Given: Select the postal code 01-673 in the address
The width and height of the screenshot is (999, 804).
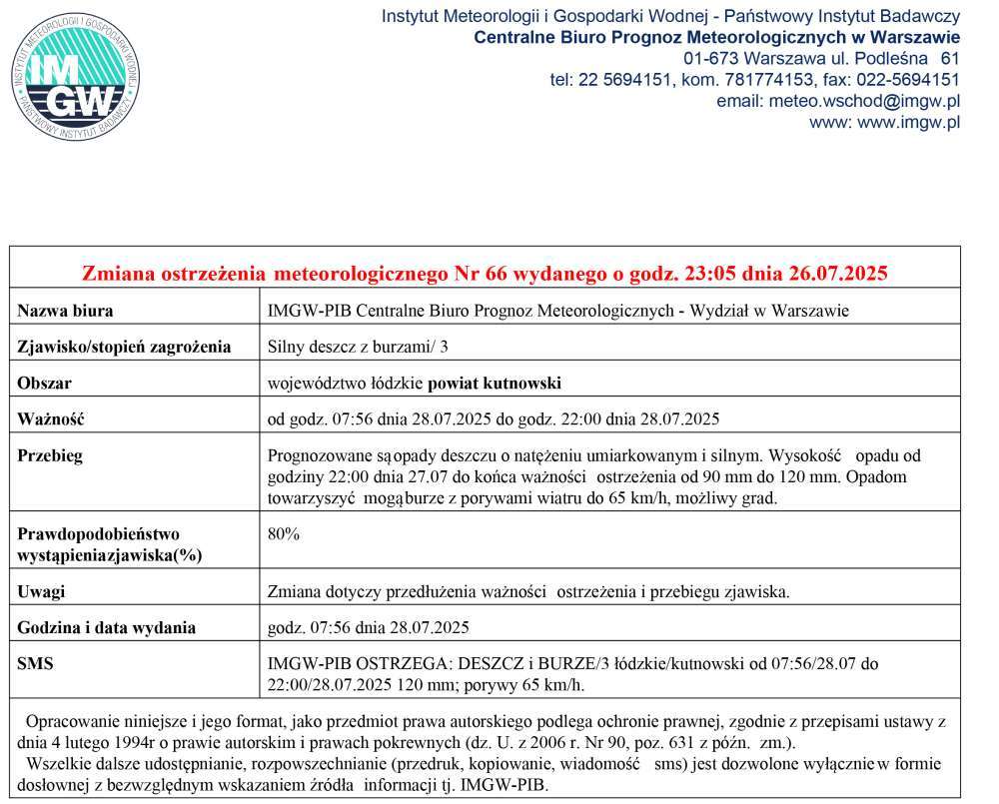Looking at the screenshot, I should pyautogui.click(x=712, y=59).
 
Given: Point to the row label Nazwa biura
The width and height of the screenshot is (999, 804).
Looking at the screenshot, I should pyautogui.click(x=66, y=311).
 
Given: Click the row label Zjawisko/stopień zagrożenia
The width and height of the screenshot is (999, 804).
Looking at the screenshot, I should pyautogui.click(x=124, y=347).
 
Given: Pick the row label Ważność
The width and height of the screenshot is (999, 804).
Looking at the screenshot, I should pyautogui.click(x=51, y=418).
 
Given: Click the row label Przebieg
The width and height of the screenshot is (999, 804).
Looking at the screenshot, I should pyautogui.click(x=50, y=455).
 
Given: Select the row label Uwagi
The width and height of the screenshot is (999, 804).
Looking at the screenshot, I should pyautogui.click(x=42, y=591).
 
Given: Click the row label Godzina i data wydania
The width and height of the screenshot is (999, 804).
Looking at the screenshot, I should pyautogui.click(x=107, y=627).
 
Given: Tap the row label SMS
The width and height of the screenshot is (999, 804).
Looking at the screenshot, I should pyautogui.click(x=36, y=662).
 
